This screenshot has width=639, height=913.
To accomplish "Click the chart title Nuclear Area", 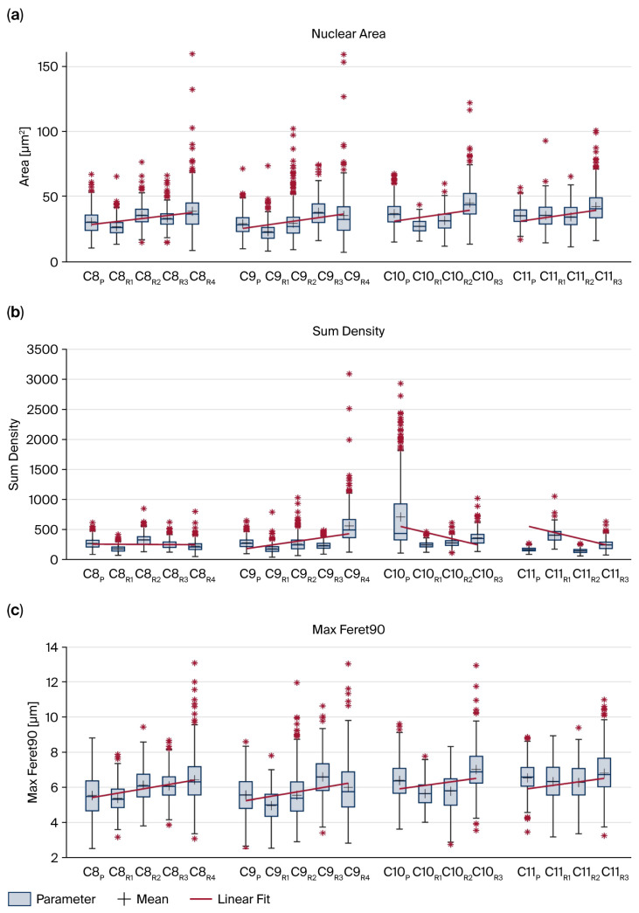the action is (348, 34).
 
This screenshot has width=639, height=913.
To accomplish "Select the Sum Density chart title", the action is (348, 331).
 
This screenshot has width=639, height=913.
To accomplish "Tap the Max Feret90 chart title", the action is (348, 629).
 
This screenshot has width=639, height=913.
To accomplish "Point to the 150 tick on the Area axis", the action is (48, 67).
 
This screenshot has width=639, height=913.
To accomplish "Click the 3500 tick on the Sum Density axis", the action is (43, 349).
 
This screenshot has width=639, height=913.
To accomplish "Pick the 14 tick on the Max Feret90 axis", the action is (52, 647).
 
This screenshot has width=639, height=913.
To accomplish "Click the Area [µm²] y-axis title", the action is (24, 156).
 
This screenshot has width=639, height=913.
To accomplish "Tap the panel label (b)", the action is (15, 312).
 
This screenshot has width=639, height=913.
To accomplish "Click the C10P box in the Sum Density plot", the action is (400, 522).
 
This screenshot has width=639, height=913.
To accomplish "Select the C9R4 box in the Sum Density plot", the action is (349, 529).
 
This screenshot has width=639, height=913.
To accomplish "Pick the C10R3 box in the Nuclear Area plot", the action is (469, 204).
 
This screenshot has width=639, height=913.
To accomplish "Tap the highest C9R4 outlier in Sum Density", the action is (349, 374).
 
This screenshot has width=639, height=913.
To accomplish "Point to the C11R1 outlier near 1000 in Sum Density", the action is (554, 496).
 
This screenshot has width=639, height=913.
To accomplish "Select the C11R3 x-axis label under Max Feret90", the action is (615, 873).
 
